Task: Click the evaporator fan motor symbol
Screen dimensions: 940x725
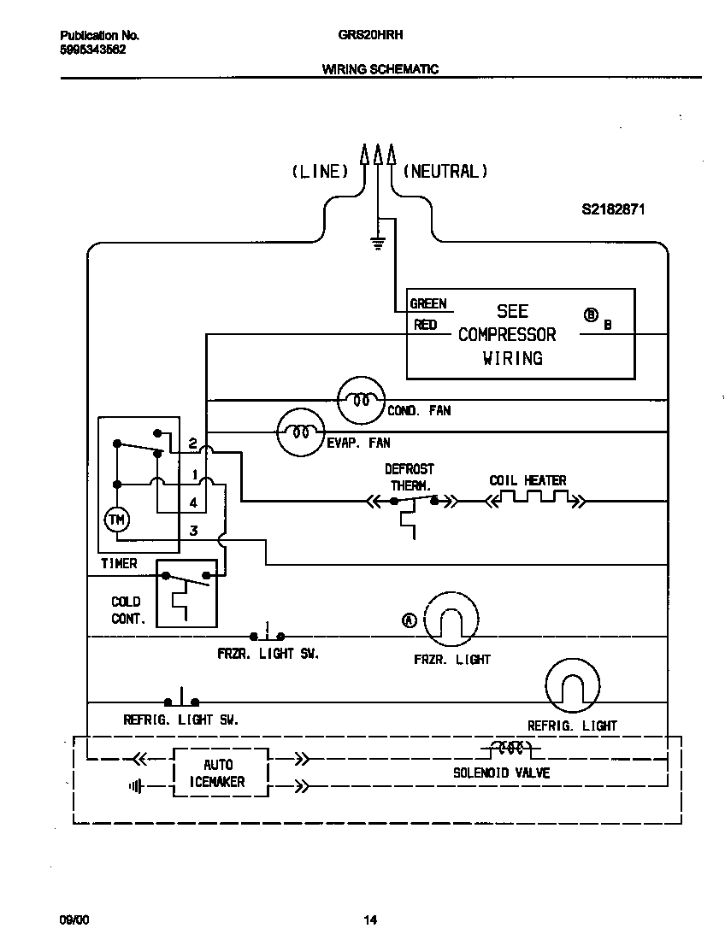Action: [x=300, y=432]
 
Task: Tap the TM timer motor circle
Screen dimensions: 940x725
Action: [x=115, y=519]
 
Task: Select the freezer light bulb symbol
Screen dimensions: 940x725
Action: [x=451, y=619]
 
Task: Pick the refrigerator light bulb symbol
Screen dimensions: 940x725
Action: [x=572, y=684]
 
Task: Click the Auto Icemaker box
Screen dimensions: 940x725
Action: [x=221, y=773]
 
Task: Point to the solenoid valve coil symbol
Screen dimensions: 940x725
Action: [x=510, y=749]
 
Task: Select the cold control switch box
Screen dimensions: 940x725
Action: [x=186, y=593]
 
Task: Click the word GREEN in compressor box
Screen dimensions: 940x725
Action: [x=428, y=303]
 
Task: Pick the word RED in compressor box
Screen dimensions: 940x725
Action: [x=425, y=325]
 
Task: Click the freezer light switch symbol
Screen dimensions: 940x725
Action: [x=268, y=634]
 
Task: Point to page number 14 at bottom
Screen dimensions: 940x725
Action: [x=369, y=920]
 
